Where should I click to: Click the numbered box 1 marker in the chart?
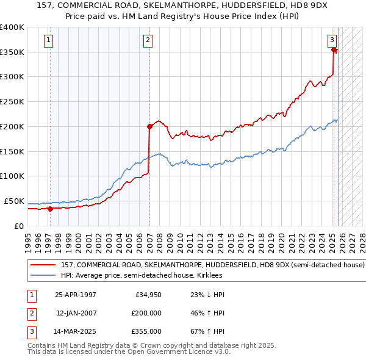click(48, 41)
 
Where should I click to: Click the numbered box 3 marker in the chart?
click(332, 41)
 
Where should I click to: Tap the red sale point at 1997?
click(51, 209)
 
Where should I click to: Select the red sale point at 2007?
click(149, 126)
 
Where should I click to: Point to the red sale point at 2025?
click(334, 50)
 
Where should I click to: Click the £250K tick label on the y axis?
click(12, 102)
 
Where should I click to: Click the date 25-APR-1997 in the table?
click(75, 295)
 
